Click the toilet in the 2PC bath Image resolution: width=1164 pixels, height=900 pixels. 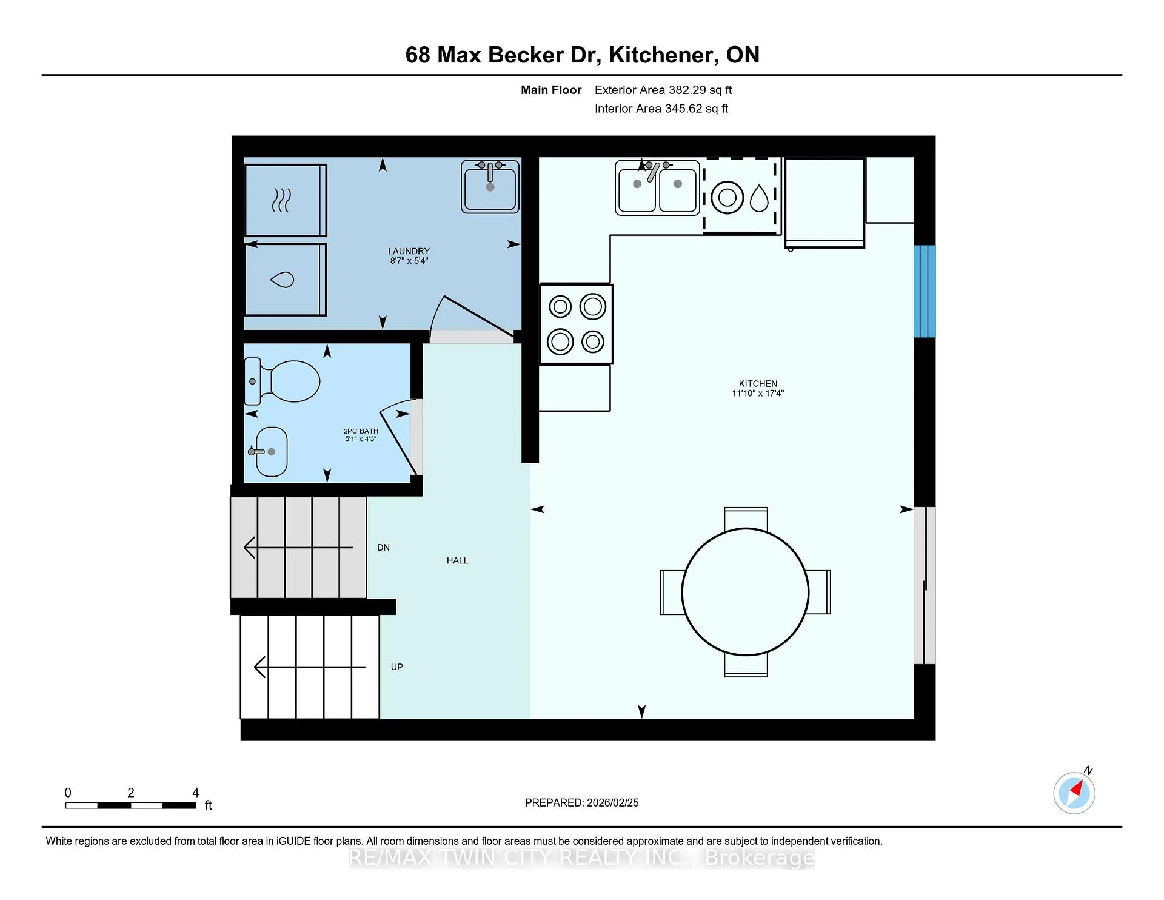pos(282,381)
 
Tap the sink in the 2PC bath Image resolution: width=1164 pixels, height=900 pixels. pos(270,452)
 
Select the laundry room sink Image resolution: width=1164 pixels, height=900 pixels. pos(490,186)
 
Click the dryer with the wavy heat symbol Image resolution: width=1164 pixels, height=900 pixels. pos(286,200)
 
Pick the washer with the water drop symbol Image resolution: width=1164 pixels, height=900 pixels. pos(286,280)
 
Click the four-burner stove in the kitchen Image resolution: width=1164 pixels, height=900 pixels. pos(576,324)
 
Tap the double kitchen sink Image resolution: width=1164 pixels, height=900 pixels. pos(657,187)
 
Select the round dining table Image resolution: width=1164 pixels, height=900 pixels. pos(745,592)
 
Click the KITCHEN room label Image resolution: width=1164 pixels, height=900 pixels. pos(758,383)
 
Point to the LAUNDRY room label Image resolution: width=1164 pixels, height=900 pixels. pos(409,251)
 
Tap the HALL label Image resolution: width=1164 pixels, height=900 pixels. pos(458,560)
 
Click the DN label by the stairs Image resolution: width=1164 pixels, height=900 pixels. pos(383,548)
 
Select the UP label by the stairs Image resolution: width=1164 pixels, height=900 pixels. pos(396,667)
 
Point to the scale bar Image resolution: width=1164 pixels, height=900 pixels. pos(131,805)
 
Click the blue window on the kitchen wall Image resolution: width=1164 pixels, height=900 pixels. pos(925,291)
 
